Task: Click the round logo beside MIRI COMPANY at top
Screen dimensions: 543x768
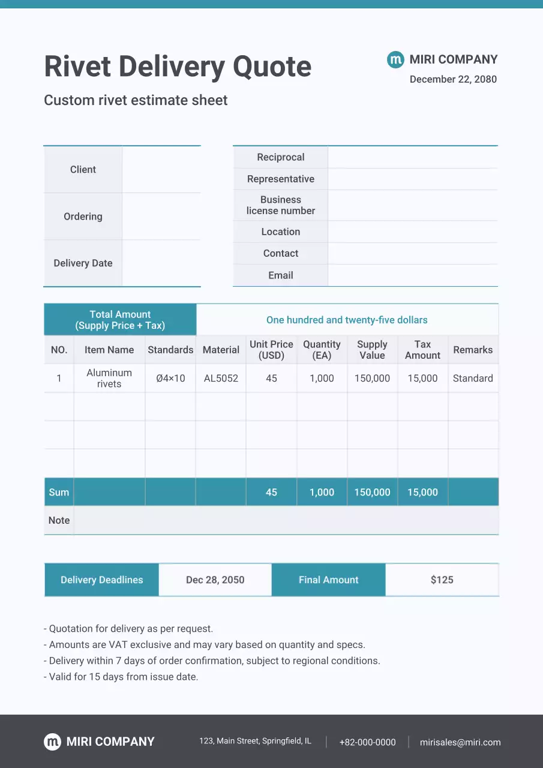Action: tap(395, 59)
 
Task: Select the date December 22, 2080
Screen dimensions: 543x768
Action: tap(453, 79)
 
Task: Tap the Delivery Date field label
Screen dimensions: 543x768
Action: tap(83, 263)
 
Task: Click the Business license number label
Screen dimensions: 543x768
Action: tap(280, 205)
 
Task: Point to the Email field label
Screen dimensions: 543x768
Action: tap(280, 275)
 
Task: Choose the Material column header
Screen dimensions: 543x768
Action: tap(221, 350)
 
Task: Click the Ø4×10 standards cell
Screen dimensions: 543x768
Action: tap(170, 379)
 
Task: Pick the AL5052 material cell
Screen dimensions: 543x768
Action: tap(221, 379)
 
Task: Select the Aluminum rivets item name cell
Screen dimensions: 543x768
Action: tap(109, 379)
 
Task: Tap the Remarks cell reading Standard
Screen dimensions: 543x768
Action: tap(473, 379)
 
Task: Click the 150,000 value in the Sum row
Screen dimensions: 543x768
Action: tap(372, 492)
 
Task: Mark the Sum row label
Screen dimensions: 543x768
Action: tap(59, 492)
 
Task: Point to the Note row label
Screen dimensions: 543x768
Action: tap(59, 520)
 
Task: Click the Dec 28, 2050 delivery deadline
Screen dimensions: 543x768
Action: tap(215, 580)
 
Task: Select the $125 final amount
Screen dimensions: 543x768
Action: tap(442, 580)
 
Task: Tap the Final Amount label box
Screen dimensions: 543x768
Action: tap(328, 580)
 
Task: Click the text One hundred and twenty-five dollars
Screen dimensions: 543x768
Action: tap(347, 320)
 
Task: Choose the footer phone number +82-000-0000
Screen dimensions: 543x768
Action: tap(367, 742)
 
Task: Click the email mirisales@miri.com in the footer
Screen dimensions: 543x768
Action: tap(460, 742)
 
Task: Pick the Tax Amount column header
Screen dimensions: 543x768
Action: tap(422, 350)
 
